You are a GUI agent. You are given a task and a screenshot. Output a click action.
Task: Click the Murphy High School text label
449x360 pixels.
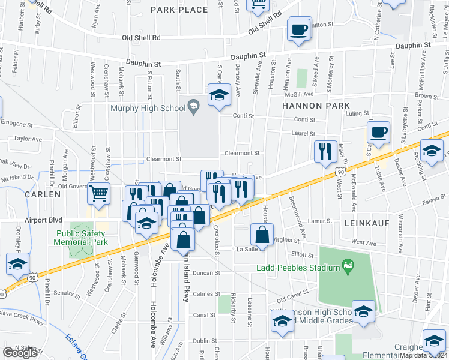pyautogui.click(x=148, y=109)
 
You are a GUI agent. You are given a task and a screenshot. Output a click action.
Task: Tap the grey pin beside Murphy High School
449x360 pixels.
pyautogui.click(x=193, y=108)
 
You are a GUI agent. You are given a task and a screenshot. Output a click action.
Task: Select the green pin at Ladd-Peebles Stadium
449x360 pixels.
pyautogui.click(x=347, y=265)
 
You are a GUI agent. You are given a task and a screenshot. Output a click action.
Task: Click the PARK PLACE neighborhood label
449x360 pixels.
pyautogui.click(x=179, y=10)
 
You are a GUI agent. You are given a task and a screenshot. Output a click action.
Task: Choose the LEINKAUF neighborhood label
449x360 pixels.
pyautogui.click(x=368, y=223)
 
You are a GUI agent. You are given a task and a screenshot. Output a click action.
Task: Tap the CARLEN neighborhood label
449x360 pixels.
pyautogui.click(x=43, y=194)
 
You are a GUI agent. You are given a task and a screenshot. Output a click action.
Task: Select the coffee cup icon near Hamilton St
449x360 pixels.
pyautogui.click(x=298, y=29)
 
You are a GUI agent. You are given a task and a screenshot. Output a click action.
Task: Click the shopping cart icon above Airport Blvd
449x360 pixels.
pyautogui.click(x=99, y=194)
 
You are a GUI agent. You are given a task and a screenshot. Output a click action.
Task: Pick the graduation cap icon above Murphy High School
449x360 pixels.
pyautogui.click(x=219, y=95)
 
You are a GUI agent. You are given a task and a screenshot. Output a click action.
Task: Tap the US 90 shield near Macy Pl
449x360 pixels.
pyautogui.click(x=340, y=172)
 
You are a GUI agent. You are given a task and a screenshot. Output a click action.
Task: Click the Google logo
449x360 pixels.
pyautogui.click(x=20, y=353)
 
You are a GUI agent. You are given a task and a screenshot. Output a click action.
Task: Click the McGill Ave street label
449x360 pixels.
pyautogui.click(x=300, y=94)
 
